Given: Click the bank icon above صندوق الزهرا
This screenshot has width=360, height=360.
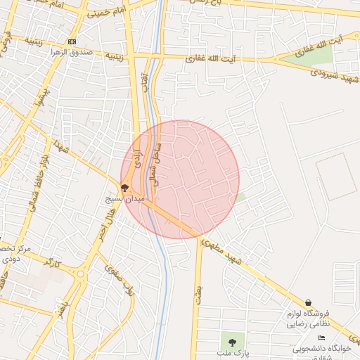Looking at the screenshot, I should click(x=72, y=41).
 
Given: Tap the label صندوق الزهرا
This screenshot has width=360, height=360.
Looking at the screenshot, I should click(x=72, y=52).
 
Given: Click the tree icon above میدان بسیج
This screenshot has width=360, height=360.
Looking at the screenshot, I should click(x=125, y=188).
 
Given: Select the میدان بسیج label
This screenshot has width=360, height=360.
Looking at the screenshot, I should click(x=124, y=200).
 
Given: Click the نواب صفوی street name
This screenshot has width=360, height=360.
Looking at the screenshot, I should click(x=118, y=278).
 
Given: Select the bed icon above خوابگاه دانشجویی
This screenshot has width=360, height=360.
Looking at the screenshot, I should click(x=322, y=338).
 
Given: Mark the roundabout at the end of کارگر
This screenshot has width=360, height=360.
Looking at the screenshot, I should click(x=79, y=274).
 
